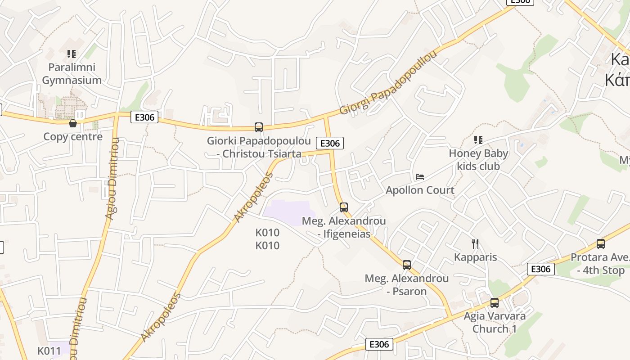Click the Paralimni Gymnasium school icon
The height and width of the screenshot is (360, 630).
click(x=72, y=54)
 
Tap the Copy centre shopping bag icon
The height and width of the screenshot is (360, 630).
click(x=73, y=123)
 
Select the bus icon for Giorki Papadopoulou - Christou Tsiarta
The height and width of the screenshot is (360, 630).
click(x=259, y=127)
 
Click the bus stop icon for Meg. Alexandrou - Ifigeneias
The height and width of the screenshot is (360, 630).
click(x=344, y=207)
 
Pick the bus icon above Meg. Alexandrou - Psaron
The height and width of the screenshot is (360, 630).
click(x=407, y=265)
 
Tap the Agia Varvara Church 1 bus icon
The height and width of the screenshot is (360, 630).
click(x=495, y=303)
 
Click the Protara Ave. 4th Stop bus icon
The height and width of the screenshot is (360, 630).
click(x=601, y=244)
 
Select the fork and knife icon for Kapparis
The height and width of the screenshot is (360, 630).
click(x=475, y=244)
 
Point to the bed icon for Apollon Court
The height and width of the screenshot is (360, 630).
click(x=420, y=177)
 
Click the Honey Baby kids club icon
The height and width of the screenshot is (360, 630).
click(x=478, y=140)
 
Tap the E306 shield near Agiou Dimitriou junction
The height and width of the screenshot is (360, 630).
click(x=144, y=117)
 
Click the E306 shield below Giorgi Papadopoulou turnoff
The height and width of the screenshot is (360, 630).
click(x=330, y=143)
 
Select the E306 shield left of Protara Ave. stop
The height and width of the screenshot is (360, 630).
click(x=540, y=269)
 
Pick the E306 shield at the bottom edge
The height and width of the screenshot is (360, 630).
click(x=379, y=344)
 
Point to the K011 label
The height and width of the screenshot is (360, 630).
click(x=49, y=351)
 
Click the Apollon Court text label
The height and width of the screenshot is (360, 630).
click(x=420, y=190)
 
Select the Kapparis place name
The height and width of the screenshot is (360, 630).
click(x=475, y=257)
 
